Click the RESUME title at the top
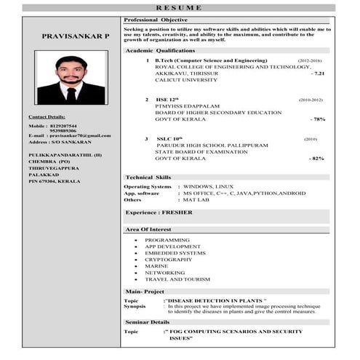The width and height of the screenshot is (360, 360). pyautogui.click(x=180, y=8)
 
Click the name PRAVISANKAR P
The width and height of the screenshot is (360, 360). pyautogui.click(x=76, y=36)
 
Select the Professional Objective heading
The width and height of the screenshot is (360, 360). pyautogui.click(x=156, y=19)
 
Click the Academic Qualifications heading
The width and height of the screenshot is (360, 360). pyautogui.click(x=160, y=51)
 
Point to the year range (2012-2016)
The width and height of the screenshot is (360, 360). pyautogui.click(x=310, y=60)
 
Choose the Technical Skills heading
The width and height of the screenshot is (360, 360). pyautogui.click(x=148, y=177)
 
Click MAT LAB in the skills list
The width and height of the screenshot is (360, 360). pyautogui.click(x=197, y=199)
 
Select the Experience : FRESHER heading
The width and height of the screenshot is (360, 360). pyautogui.click(x=159, y=212)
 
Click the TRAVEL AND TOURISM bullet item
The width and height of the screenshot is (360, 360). pyautogui.click(x=177, y=279)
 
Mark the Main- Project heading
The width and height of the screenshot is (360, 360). pyautogui.click(x=145, y=291)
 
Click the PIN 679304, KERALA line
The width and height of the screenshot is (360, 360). pyautogui.click(x=55, y=180)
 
